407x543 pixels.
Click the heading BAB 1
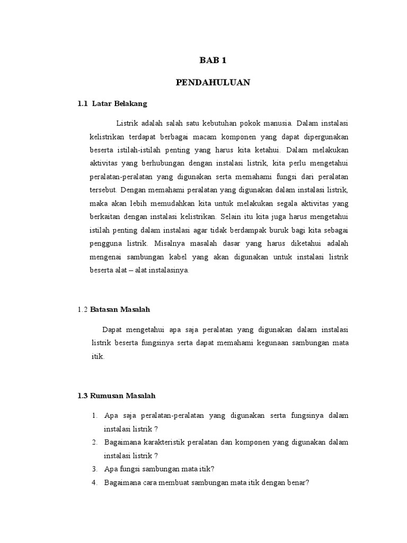click(x=213, y=61)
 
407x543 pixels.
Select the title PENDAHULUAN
click(x=213, y=83)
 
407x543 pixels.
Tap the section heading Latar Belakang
click(x=119, y=103)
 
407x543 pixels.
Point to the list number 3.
click(x=94, y=469)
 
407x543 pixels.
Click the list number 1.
click(x=94, y=415)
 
